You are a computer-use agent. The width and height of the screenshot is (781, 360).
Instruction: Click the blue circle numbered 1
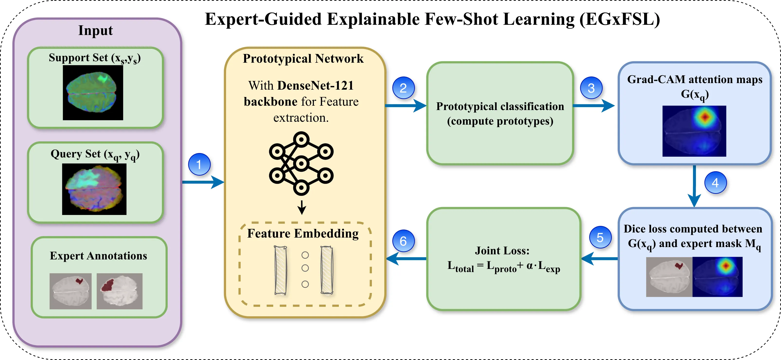pos(199,164)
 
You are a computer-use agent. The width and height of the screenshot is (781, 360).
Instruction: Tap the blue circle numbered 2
pos(403,88)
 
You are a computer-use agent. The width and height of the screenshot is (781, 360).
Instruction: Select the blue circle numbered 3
pos(591,88)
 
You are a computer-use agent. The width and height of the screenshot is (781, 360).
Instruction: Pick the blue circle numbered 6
pos(403,241)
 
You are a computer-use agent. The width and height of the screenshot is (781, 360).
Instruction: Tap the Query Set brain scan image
pos(94,189)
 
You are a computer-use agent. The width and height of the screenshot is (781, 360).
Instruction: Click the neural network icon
pos(301,163)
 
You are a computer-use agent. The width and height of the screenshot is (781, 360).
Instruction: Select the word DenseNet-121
pos(315,86)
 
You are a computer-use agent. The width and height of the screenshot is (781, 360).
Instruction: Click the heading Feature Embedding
pos(303,233)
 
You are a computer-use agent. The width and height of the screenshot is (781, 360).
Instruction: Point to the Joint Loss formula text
pos(503,267)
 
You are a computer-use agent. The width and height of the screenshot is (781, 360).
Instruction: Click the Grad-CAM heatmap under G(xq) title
pos(694,131)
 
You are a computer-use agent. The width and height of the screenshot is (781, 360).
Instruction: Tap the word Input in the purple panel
pos(96,30)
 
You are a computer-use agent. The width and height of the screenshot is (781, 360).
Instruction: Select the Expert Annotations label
pos(98,256)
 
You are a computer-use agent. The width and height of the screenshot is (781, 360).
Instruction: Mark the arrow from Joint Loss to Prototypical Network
pos(406,259)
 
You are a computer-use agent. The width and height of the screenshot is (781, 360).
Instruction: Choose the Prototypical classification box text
pos(500,113)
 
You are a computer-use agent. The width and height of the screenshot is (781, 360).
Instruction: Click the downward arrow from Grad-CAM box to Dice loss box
pos(694,186)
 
